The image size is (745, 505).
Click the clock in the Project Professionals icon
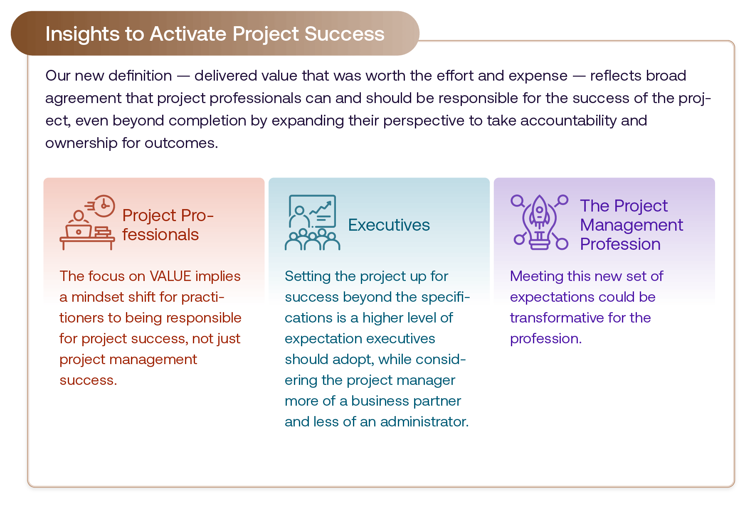point(104,206)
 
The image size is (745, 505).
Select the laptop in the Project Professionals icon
point(79,231)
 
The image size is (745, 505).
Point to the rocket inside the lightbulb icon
point(539,212)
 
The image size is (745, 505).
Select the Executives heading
point(389,225)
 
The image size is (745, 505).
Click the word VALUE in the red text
point(170,276)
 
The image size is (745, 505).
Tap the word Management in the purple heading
point(631,225)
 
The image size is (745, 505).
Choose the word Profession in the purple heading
point(620,244)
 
